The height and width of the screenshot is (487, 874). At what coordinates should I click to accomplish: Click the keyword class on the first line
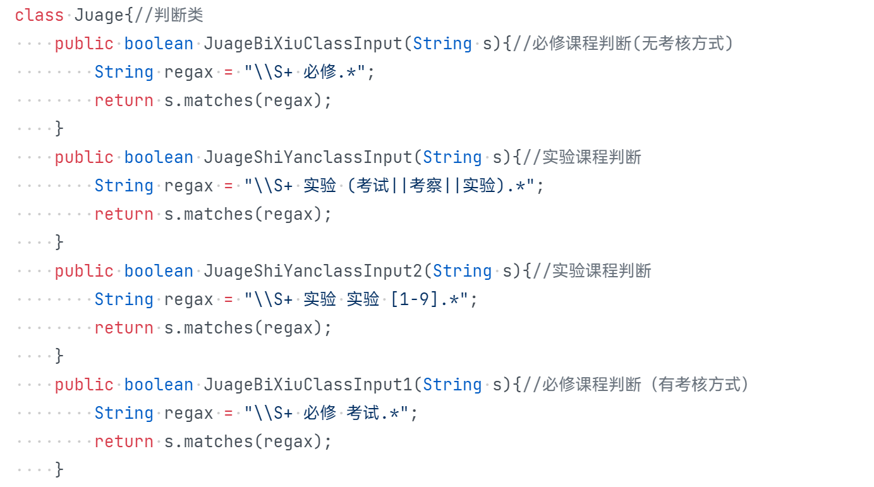(39, 15)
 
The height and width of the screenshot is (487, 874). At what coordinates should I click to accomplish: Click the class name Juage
(99, 15)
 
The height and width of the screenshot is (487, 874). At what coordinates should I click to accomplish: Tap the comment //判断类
(169, 15)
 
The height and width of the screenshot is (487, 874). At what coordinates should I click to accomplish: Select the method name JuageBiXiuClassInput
(303, 44)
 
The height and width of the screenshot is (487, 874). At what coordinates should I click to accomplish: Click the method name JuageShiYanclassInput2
(313, 271)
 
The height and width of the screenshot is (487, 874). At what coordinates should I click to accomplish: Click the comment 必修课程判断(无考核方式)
(633, 44)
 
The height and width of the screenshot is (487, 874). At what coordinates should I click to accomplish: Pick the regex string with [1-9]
(361, 299)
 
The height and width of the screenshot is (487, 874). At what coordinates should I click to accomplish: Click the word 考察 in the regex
(426, 186)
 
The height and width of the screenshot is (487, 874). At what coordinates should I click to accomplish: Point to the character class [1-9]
(415, 299)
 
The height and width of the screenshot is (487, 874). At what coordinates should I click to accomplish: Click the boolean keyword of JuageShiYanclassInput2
(159, 271)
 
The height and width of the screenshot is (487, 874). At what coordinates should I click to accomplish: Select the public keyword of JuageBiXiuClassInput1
(84, 385)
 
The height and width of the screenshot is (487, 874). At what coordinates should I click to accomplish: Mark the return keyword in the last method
(124, 442)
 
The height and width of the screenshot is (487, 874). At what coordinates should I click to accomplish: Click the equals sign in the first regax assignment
(228, 72)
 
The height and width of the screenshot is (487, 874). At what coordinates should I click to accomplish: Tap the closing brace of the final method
(59, 469)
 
